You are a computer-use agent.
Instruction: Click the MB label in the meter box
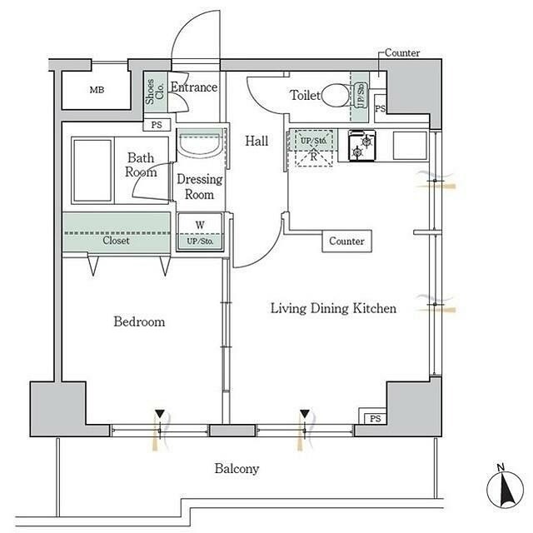(97, 91)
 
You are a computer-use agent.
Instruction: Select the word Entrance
(194, 87)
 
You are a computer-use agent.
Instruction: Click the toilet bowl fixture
(337, 97)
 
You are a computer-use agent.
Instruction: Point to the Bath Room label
(141, 164)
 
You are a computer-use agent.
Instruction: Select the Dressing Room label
(200, 187)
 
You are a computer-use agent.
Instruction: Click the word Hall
(256, 142)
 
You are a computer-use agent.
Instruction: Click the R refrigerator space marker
(313, 154)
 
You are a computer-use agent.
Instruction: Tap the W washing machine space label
(200, 224)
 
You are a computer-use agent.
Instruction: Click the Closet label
(116, 241)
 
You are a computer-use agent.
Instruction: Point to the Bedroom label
(138, 321)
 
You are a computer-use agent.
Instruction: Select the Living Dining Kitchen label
(332, 308)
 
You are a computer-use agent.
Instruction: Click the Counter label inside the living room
(346, 242)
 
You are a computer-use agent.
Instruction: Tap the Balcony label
(237, 469)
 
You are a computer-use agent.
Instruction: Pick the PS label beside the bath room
(157, 125)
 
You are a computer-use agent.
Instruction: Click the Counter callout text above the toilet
(402, 53)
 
